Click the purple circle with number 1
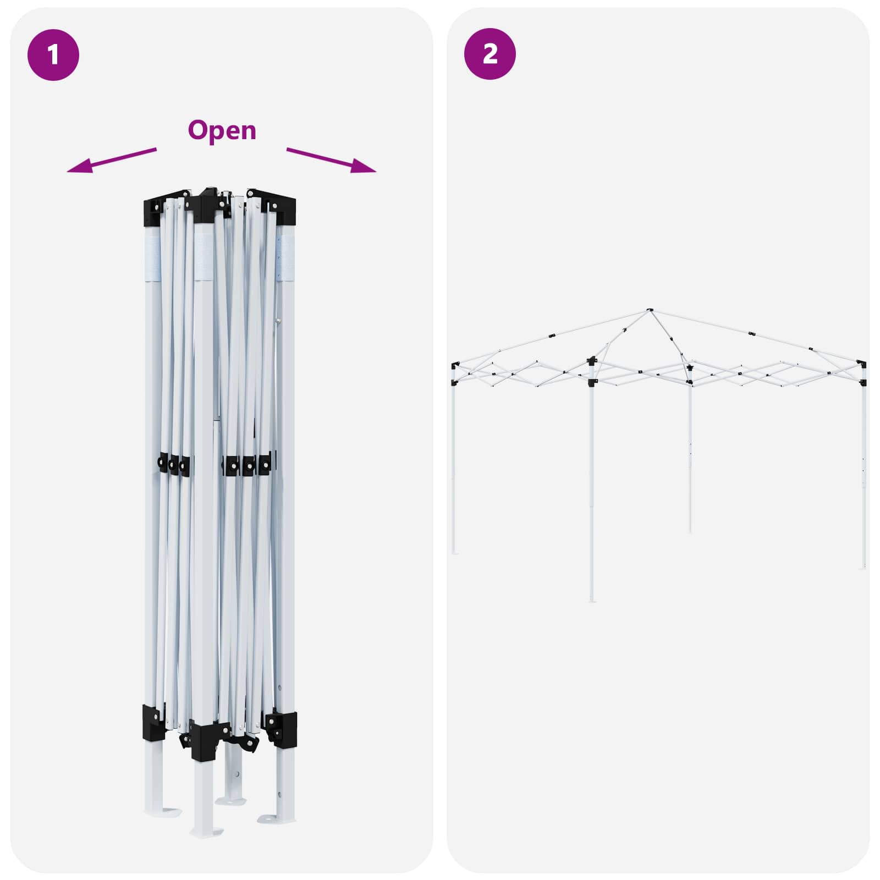click(53, 55)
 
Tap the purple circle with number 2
click(490, 54)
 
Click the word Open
click(222, 131)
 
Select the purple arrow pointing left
click(112, 160)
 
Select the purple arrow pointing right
click(332, 160)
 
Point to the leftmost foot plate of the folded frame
click(163, 812)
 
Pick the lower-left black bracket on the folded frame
click(155, 723)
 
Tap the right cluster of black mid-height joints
click(248, 465)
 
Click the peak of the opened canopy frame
click(650, 311)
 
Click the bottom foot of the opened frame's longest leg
click(592, 599)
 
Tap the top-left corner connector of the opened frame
click(455, 366)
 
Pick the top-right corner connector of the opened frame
click(862, 364)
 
